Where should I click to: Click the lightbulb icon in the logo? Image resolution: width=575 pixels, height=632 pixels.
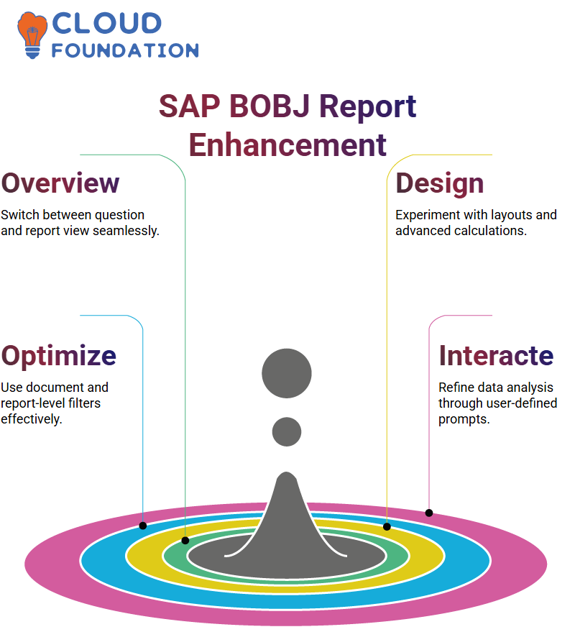tap(32, 35)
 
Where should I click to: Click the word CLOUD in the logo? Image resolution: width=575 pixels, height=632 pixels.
tap(107, 24)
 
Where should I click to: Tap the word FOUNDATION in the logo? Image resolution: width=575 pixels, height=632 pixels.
tap(125, 51)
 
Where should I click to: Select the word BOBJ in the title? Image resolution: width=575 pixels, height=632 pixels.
tap(270, 106)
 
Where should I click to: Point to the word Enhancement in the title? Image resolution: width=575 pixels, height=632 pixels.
tap(287, 145)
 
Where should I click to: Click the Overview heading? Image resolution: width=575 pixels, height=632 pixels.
tap(60, 183)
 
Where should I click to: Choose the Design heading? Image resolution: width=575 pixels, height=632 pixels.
tap(440, 184)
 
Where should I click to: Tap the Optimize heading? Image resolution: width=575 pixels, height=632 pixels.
tap(59, 357)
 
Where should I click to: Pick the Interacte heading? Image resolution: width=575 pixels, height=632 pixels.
tap(497, 355)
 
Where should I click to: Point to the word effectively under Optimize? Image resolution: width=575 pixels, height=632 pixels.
tap(32, 419)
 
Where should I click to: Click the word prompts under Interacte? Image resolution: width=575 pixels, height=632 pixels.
tap(464, 420)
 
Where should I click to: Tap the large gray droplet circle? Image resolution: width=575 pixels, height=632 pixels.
tap(287, 373)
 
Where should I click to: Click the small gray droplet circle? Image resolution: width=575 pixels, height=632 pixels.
tap(287, 431)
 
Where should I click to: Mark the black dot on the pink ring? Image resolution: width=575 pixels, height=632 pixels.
tap(429, 513)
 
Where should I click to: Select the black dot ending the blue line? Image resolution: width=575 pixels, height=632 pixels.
tap(142, 526)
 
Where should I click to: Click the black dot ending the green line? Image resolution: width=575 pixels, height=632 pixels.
tap(185, 541)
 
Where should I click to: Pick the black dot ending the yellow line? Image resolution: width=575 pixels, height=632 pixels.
tap(387, 526)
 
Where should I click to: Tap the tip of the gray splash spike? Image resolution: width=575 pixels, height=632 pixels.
tap(287, 472)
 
